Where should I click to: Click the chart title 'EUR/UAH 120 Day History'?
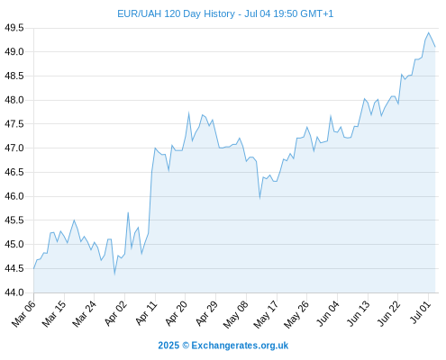[x=176, y=13]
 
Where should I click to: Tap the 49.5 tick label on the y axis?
[x=14, y=28]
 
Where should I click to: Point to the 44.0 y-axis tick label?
[x=14, y=292]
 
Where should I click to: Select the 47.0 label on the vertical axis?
[x=14, y=148]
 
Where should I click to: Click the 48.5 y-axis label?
[x=14, y=76]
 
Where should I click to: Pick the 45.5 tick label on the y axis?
[x=14, y=220]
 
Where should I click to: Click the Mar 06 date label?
[x=23, y=313]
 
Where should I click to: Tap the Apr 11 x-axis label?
[x=147, y=313]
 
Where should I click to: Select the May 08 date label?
[x=236, y=314]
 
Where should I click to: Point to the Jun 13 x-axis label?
[x=358, y=313]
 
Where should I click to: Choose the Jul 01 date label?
[x=421, y=312]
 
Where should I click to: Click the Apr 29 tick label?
[x=206, y=313]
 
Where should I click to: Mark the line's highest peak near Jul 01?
[x=429, y=32]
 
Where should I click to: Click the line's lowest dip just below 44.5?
[x=114, y=274]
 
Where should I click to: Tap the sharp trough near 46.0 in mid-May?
[x=259, y=198]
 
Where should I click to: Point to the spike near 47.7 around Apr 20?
[x=188, y=113]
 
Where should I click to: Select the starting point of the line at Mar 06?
[x=34, y=268]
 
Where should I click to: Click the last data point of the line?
[x=435, y=47]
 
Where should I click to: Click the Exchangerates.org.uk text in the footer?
[x=240, y=346]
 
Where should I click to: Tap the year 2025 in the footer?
[x=168, y=346]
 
